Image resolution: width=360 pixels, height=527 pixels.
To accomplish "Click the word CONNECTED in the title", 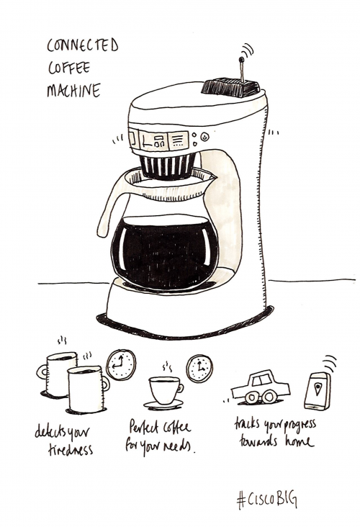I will click(82, 46).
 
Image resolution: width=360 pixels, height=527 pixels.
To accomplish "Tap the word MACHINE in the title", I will click(73, 91).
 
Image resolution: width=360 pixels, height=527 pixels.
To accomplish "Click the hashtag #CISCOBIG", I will click(266, 498).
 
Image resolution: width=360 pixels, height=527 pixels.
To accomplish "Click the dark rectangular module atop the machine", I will click(230, 88).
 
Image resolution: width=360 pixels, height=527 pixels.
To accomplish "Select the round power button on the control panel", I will click(204, 137).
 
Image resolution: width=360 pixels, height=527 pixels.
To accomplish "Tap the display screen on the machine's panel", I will click(153, 140).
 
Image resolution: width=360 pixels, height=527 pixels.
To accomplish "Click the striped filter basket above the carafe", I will click(166, 165).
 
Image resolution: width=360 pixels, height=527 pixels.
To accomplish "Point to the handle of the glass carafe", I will click(108, 209).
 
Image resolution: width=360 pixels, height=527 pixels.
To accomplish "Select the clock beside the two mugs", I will click(120, 365).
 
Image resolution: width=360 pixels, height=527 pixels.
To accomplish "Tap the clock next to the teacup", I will click(199, 369).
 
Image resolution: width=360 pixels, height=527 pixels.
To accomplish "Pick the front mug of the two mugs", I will click(85, 389).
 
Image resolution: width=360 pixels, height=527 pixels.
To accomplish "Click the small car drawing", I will click(260, 387).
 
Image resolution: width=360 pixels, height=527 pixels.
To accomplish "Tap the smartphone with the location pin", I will click(318, 391).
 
